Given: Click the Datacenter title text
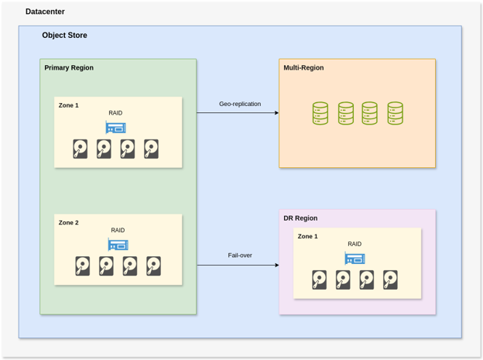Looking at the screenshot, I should pyautogui.click(x=45, y=12).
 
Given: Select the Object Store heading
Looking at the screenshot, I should pyautogui.click(x=64, y=36).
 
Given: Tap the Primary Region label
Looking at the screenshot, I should pyautogui.click(x=69, y=68).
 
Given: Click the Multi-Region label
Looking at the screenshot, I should pyautogui.click(x=303, y=68).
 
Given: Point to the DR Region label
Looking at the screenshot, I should pyautogui.click(x=300, y=218).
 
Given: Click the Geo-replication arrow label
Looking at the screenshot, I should pyautogui.click(x=240, y=104).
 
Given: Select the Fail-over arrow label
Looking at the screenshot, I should pyautogui.click(x=240, y=255).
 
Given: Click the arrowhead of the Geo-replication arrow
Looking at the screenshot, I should pyautogui.click(x=276, y=113).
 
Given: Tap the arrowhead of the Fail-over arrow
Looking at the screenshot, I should pyautogui.click(x=276, y=266).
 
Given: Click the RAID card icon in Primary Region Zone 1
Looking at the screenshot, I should pyautogui.click(x=116, y=128).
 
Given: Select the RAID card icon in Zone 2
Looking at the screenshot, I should pyautogui.click(x=118, y=245).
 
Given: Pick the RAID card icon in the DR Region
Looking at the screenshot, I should pyautogui.click(x=355, y=259).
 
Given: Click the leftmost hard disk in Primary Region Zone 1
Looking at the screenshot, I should pyautogui.click(x=80, y=149).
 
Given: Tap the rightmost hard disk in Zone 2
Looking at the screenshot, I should pyautogui.click(x=154, y=266).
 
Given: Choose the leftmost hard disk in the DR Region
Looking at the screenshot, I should pyautogui.click(x=320, y=279).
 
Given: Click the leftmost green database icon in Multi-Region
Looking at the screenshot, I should pyautogui.click(x=320, y=114).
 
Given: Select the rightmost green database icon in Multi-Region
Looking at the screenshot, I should pyautogui.click(x=395, y=114).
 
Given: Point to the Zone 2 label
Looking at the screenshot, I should pyautogui.click(x=69, y=223).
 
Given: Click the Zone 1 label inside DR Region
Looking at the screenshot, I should pyautogui.click(x=308, y=237).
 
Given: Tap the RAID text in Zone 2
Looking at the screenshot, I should pyautogui.click(x=118, y=231).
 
